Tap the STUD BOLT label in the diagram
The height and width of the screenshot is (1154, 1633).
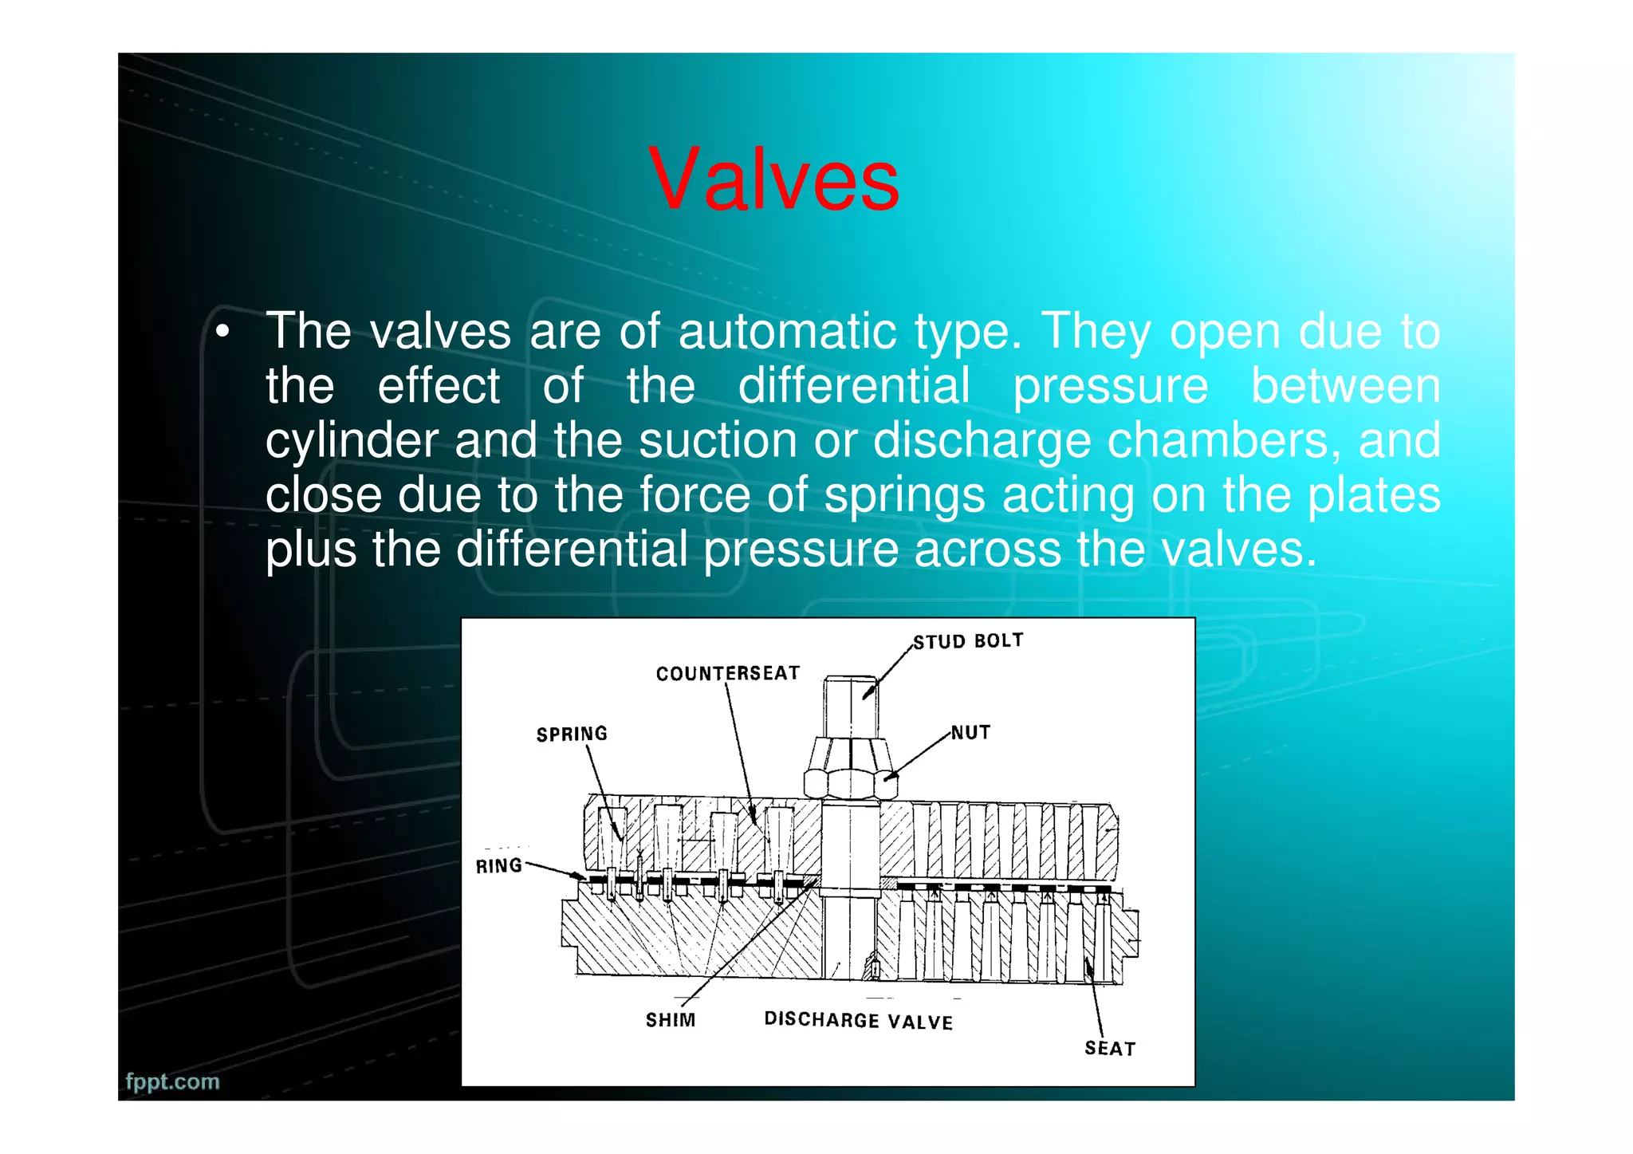point(968,641)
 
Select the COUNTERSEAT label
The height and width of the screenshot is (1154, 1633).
point(727,674)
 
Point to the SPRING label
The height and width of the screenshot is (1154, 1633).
point(572,734)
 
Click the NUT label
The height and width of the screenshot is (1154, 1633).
point(970,732)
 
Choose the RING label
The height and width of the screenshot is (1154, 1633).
point(499,866)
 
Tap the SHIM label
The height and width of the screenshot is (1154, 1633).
point(671,1020)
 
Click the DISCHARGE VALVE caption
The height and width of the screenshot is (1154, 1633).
point(858,1021)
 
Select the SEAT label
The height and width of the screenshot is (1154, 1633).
point(1109,1048)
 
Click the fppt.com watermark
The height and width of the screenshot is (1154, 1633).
point(172,1081)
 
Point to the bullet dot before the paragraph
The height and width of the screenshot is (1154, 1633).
point(224,332)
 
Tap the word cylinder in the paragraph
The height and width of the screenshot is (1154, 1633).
point(352,441)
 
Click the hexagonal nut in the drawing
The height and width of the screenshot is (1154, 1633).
point(850,767)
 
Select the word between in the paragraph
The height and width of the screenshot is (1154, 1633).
point(1345,387)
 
